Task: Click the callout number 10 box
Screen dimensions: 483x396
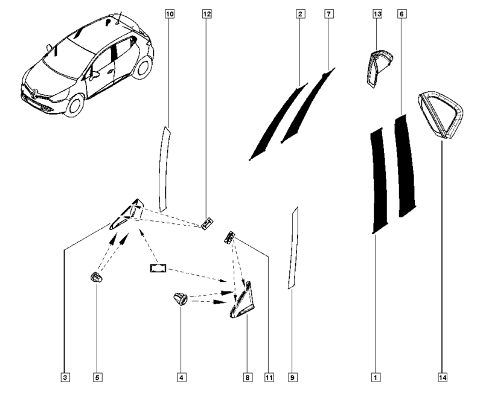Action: [x=170, y=14]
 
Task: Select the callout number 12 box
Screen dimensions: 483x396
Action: [x=206, y=14]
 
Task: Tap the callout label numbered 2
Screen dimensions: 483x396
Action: [x=300, y=14]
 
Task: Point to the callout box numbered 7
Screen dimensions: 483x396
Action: [x=328, y=14]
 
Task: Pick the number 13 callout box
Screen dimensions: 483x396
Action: [x=377, y=14]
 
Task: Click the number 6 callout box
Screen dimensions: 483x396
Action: [x=401, y=14]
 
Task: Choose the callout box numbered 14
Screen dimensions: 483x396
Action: [x=443, y=377]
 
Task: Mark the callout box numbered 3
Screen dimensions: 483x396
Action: [x=65, y=377]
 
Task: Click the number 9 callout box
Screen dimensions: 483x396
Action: [x=293, y=377]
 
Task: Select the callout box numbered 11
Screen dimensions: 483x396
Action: [x=269, y=377]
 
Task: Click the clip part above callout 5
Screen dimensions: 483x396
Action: [x=96, y=277]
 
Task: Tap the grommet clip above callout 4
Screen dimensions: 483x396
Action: [x=180, y=298]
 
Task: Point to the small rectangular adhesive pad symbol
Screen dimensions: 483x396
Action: [x=158, y=268]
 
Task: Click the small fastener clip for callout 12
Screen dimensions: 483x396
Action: [x=207, y=223]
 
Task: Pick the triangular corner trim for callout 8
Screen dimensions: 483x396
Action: [x=243, y=302]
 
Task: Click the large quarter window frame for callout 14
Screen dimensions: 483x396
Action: [x=441, y=115]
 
